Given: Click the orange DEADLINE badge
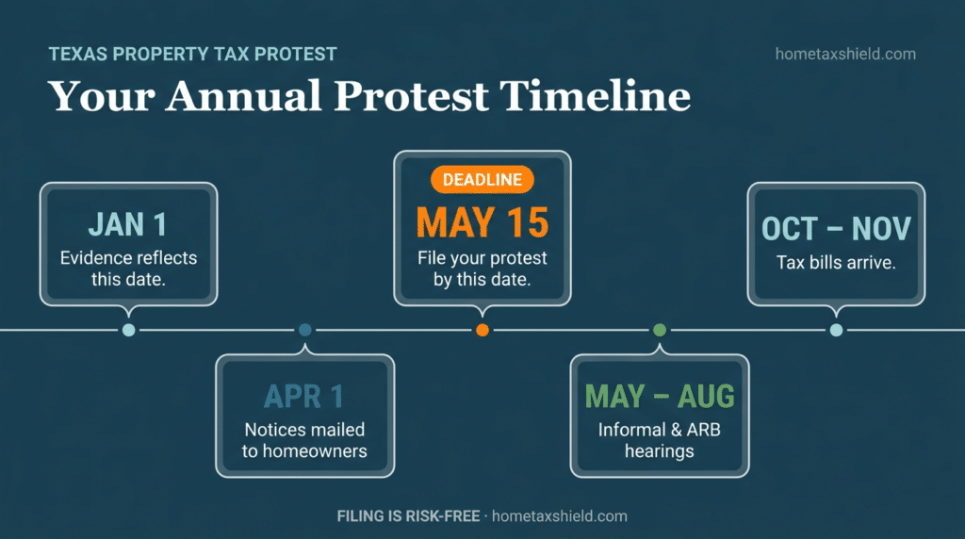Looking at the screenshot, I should [482, 180].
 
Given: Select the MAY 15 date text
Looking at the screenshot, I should [482, 222].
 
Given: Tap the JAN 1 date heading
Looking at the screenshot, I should [128, 225].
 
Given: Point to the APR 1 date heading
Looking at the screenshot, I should [304, 396].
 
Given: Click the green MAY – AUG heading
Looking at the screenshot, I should [659, 396].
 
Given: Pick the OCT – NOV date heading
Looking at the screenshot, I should [836, 228].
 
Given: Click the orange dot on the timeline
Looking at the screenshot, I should [482, 330].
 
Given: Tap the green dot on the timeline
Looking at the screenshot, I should [660, 330].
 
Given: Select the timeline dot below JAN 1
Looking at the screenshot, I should [128, 330].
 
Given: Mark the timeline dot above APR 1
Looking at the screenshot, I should [304, 330].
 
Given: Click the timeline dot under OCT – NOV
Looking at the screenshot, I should [836, 330].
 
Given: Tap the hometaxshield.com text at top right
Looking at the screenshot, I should [844, 54].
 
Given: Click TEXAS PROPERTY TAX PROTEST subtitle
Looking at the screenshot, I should [192, 54].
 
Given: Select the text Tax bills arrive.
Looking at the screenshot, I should [836, 263].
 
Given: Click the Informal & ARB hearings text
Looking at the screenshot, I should [659, 440].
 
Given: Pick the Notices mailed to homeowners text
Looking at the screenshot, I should [304, 440].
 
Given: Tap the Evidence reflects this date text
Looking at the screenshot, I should [128, 269].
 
